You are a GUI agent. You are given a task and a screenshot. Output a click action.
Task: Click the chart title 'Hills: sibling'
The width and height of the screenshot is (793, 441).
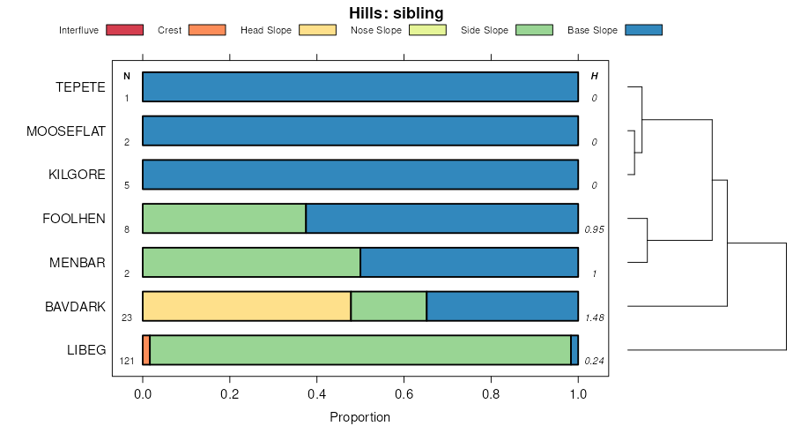396,12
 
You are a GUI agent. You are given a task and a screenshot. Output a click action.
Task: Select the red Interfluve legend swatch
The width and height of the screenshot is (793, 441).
124,30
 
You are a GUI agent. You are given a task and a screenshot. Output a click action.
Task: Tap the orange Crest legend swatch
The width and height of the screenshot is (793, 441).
207,30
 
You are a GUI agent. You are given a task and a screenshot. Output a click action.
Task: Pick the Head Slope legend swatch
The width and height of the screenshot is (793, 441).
317,30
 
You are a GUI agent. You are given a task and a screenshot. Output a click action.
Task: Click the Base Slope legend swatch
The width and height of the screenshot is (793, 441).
643,30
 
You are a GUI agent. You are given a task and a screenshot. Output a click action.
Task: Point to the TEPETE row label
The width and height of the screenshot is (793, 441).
80,87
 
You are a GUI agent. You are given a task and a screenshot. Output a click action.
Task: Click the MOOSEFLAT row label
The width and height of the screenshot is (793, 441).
66,131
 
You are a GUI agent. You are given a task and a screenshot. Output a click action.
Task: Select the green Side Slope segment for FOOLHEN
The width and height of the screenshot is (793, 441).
224,218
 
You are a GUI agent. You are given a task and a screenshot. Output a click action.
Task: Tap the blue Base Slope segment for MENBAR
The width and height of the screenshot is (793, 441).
469,262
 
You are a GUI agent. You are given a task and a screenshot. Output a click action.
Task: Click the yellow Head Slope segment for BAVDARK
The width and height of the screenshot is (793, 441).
247,306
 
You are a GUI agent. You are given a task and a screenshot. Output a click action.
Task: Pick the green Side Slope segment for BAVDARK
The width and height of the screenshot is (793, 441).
389,306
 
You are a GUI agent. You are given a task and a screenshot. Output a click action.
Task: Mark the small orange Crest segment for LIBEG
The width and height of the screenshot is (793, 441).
146,350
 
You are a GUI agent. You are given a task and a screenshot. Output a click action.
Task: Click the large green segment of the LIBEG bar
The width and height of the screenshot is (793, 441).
360,350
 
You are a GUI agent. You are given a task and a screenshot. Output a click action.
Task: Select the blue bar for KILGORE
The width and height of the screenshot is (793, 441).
360,175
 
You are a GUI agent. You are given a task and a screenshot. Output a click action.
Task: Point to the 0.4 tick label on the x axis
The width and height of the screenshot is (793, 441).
316,394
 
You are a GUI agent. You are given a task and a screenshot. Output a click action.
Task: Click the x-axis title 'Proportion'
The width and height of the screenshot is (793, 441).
359,417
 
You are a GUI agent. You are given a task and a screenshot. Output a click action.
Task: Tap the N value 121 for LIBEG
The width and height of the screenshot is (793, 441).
126,361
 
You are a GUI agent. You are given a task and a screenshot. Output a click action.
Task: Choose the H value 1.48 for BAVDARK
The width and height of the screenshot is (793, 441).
594,318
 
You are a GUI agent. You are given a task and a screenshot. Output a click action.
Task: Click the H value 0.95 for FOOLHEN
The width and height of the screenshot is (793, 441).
594,229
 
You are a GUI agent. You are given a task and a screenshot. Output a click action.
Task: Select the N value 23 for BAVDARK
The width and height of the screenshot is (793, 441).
126,318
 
